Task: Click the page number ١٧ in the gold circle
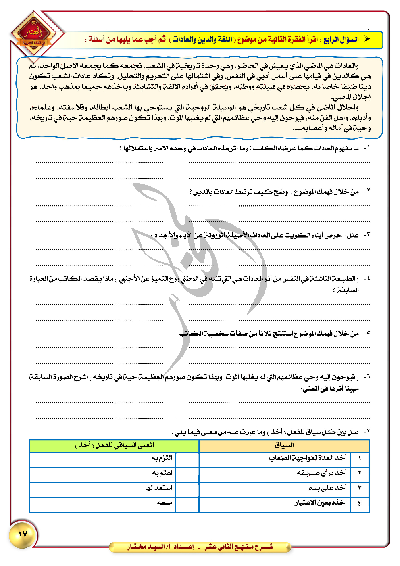pos(23,535)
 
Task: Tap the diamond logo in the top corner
pos(33,36)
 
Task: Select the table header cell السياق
pos(284,445)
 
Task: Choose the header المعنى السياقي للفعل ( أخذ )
pos(115,445)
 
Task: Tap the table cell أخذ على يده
pos(327,488)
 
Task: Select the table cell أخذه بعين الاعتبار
pos(321,503)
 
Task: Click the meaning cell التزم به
pos(162,458)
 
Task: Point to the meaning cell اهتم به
pos(162,473)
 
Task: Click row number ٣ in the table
pos(360,488)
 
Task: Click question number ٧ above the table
pos(366,432)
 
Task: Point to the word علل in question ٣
pos(353,235)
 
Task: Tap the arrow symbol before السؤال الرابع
pos(367,39)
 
